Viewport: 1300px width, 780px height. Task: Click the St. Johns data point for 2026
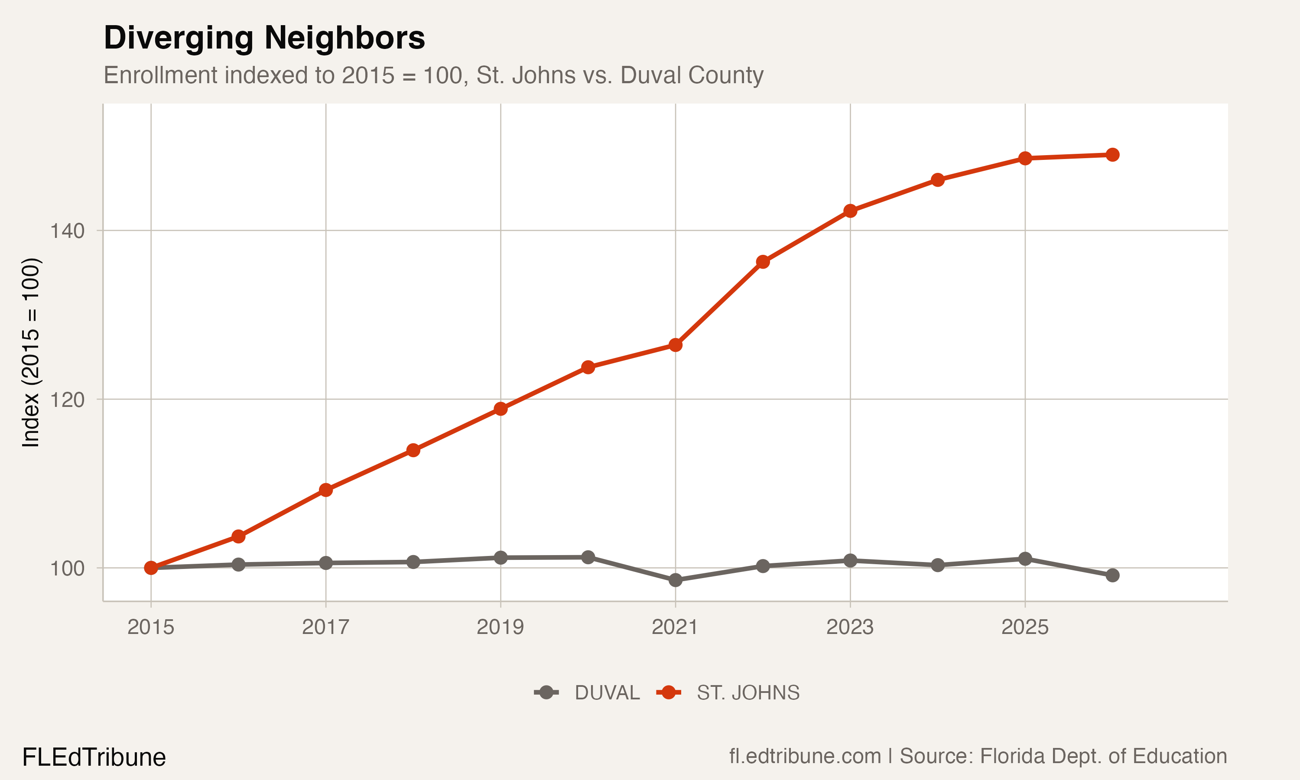click(x=1112, y=155)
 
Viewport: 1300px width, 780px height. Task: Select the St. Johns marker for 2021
click(x=675, y=345)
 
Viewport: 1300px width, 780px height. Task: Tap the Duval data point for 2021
click(x=675, y=580)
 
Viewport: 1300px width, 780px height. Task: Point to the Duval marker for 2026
click(x=1112, y=575)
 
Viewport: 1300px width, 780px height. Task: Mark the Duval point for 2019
click(x=501, y=558)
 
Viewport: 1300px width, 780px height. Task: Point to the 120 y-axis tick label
click(x=67, y=400)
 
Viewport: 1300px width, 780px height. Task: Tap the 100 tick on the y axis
click(x=67, y=569)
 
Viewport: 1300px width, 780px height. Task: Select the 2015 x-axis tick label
click(x=151, y=627)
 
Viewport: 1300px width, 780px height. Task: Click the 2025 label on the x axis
click(x=1025, y=627)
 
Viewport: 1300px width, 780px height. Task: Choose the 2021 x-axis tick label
click(x=675, y=627)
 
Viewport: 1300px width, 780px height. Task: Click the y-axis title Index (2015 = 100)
click(x=30, y=353)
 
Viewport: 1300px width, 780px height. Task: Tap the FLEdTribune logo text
click(x=94, y=757)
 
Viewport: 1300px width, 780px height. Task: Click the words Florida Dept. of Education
click(x=1103, y=756)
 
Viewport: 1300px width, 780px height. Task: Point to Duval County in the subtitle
click(x=692, y=75)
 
